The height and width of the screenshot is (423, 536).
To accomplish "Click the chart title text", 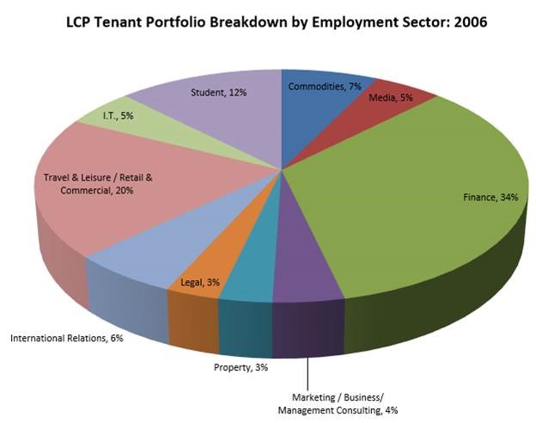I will [277, 21].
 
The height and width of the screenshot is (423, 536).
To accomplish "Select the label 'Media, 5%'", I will [391, 98].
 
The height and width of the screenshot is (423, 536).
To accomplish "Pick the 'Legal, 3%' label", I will [200, 282].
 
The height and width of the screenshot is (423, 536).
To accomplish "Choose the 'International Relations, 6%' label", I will [67, 338].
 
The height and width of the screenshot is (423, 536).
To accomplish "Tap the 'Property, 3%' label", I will [241, 368].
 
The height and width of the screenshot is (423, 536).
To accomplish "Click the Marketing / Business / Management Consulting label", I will [338, 403].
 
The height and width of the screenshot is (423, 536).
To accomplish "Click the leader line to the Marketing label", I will [307, 370].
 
